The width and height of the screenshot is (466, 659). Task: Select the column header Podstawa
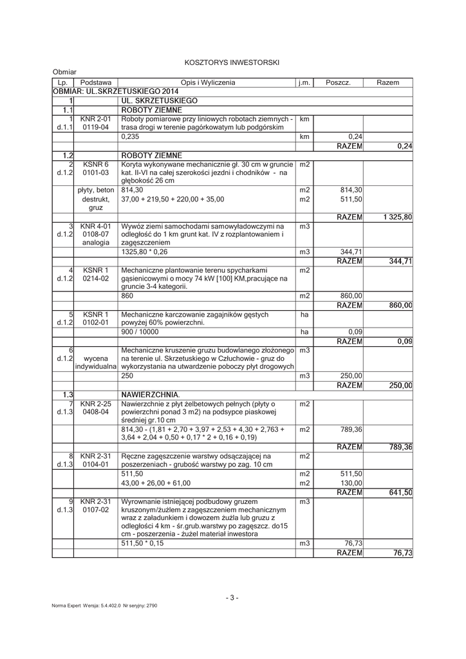95,83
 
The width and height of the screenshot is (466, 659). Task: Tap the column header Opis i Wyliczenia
207,83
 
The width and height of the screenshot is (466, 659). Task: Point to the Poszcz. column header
338,83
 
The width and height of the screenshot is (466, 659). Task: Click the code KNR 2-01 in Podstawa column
95,119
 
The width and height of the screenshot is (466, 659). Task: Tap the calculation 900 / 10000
140,331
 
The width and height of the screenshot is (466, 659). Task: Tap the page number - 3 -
232,598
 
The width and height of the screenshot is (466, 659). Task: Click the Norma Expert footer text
105,606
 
